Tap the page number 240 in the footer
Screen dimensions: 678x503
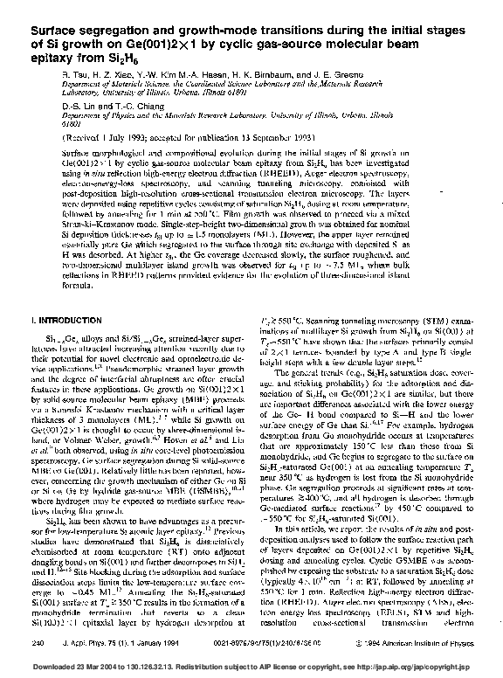click(x=38, y=643)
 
